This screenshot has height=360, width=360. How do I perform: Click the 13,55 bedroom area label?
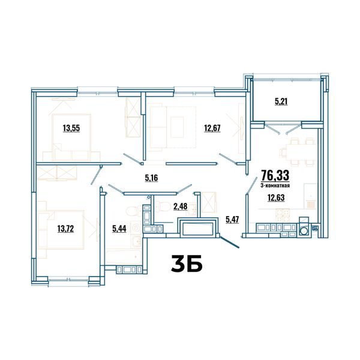(71, 128)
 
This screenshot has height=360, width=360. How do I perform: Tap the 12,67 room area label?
(212, 128)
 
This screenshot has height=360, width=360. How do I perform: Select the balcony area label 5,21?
(281, 101)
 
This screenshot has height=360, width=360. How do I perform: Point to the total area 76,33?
(275, 176)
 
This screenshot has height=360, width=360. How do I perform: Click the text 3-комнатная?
(275, 185)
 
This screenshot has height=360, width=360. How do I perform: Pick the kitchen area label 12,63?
(276, 197)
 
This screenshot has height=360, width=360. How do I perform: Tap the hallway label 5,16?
(152, 178)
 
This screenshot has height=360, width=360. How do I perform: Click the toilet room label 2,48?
(181, 206)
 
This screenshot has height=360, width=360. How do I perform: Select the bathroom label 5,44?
(119, 229)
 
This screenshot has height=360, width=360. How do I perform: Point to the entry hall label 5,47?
(232, 220)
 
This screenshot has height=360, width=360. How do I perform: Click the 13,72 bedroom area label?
(65, 229)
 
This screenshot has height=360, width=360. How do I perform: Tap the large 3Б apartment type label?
(187, 263)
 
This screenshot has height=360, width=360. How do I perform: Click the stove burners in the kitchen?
(283, 215)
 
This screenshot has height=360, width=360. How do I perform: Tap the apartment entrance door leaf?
(230, 242)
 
